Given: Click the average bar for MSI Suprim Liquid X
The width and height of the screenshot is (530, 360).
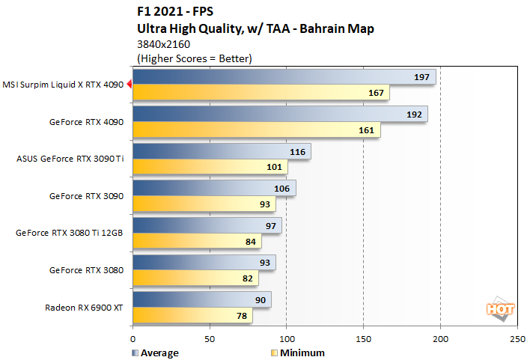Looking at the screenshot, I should [x=284, y=78].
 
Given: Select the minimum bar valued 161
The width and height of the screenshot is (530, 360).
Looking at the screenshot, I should [x=257, y=129].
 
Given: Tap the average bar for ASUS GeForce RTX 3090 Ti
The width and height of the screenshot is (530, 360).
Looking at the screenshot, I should [x=222, y=151].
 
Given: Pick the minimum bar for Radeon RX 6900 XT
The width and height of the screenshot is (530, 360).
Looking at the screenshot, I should [x=193, y=316].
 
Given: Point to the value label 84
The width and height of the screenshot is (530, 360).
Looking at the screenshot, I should [x=249, y=242].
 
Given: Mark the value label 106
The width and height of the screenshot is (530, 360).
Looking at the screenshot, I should [x=284, y=188].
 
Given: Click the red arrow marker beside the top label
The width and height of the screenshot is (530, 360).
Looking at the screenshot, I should [x=129, y=85].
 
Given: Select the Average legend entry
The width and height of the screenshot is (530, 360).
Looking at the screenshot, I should [x=157, y=353].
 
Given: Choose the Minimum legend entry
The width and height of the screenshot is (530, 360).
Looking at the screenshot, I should [x=299, y=353].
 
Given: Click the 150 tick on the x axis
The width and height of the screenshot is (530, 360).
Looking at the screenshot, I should [x=363, y=338].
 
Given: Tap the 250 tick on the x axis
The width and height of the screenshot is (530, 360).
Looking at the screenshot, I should [x=517, y=338].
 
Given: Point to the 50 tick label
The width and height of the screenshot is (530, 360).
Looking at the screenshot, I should [x=210, y=338].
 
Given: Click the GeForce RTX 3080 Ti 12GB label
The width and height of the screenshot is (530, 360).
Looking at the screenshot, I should [x=69, y=232].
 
